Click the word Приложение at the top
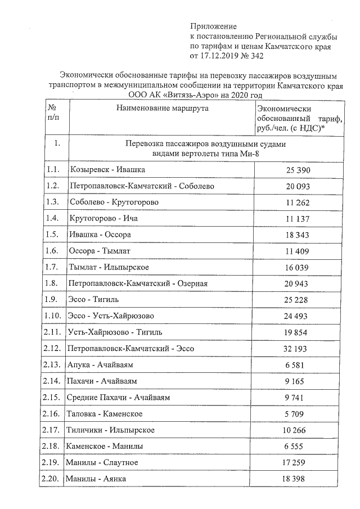(x=214, y=26)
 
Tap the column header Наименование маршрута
(x=163, y=108)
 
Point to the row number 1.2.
(x=53, y=186)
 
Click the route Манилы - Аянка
(x=96, y=478)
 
